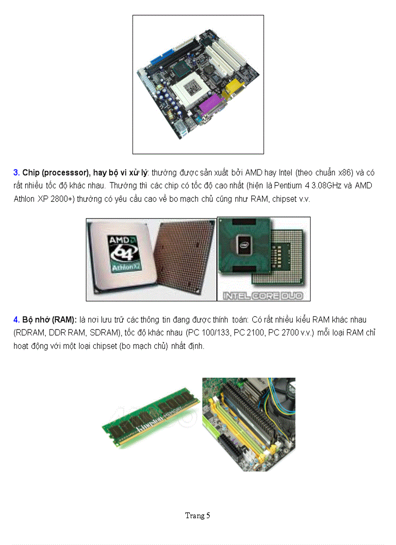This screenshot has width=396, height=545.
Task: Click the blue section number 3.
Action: pos(16,173)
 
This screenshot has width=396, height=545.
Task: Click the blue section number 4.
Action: pos(16,320)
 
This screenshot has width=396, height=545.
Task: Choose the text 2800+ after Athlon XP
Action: pos(61,199)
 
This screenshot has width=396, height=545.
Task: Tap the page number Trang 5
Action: pos(198,515)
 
